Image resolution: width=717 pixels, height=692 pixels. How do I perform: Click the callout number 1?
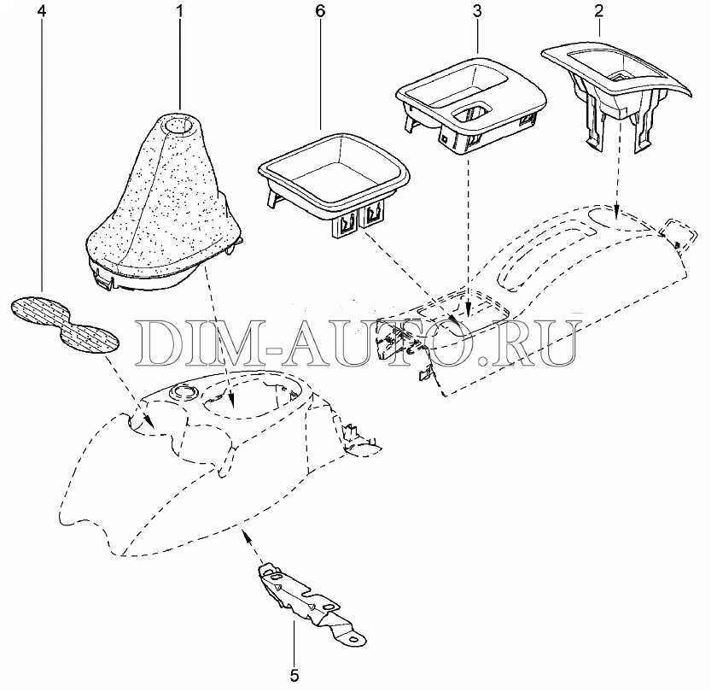[x=180, y=11]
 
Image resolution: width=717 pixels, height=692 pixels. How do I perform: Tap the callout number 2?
[x=599, y=11]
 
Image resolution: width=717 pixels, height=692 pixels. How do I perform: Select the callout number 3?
[x=477, y=11]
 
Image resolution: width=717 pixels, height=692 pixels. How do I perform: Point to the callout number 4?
[x=42, y=11]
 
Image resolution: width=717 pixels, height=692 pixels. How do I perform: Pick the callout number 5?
[x=294, y=676]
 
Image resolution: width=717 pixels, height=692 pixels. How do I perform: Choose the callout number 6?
[x=320, y=11]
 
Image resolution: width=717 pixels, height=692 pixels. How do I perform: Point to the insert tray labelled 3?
[x=471, y=104]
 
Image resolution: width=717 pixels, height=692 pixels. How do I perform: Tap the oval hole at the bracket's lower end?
[x=354, y=639]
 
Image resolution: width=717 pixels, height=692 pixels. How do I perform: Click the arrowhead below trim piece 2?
[x=616, y=212]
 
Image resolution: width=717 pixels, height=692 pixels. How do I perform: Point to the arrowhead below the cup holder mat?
[x=149, y=419]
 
